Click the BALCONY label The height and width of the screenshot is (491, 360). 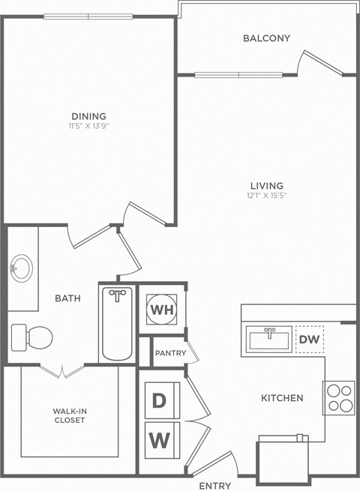[x=266, y=38]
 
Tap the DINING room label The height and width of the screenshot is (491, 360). [x=88, y=116]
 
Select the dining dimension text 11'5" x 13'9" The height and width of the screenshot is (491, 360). [x=88, y=126]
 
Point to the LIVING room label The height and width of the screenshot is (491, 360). [x=266, y=186]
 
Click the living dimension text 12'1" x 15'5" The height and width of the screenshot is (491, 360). [x=266, y=196]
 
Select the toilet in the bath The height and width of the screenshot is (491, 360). [x=31, y=336]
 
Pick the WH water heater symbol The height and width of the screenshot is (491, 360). [x=160, y=308]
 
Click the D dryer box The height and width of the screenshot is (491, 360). [x=159, y=400]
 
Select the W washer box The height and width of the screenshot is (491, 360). [x=159, y=439]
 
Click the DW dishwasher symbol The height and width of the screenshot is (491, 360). [x=308, y=340]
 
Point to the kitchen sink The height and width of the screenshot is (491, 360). [x=268, y=340]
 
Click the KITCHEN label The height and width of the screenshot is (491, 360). [x=282, y=398]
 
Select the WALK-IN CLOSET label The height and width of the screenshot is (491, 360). [x=69, y=415]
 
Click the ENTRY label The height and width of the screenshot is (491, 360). [x=214, y=485]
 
